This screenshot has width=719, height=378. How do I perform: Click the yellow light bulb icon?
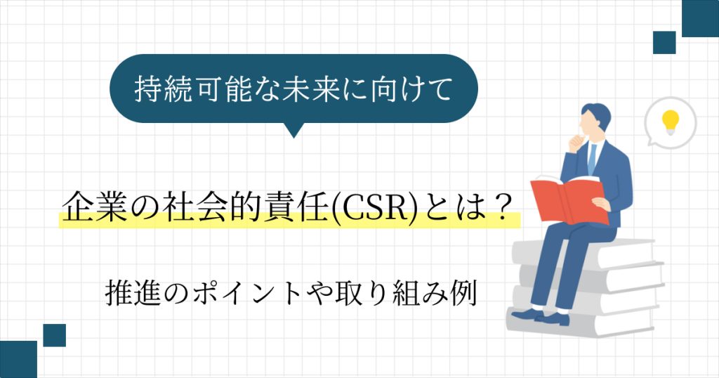coord(670,122)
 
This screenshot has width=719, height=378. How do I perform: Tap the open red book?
coord(569,200)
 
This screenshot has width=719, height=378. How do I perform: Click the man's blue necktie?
coord(592,158)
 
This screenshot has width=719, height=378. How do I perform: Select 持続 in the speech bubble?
coord(162,89)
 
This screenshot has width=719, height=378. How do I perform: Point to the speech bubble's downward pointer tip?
coord(294,138)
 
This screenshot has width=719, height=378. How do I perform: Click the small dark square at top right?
coord(664,43)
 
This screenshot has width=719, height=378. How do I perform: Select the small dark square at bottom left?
coord(55,335)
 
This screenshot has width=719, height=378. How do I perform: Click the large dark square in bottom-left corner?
coord(18,359)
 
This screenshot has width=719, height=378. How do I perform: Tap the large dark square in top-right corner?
coord(700,18)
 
